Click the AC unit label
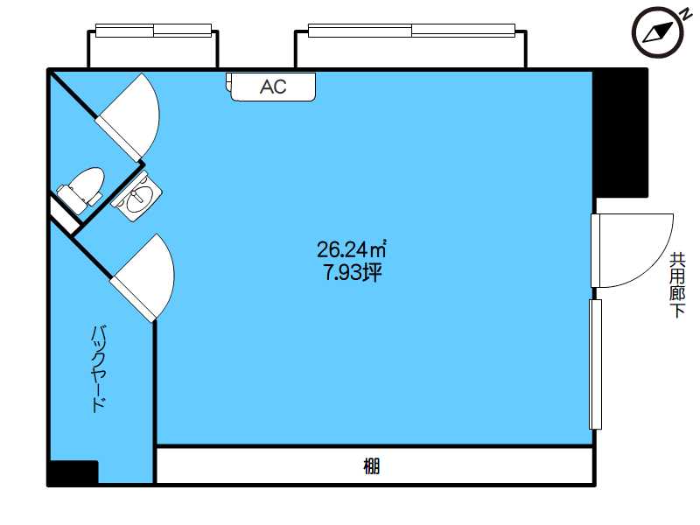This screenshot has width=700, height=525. tap(273, 87)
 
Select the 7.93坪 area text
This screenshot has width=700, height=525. tap(353, 272)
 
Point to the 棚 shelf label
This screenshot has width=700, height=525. tap(371, 466)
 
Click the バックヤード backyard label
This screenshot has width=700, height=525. tap(99, 368)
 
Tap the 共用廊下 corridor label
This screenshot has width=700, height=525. tap(677, 285)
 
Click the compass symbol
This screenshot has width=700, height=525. tap(658, 32)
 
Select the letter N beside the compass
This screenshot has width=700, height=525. tap(685, 15)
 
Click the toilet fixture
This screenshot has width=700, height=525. tap(80, 190)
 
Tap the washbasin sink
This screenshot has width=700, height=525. tap(137, 199)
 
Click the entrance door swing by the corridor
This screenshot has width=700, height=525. tap(632, 250)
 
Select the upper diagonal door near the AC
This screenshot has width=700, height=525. tap(129, 117)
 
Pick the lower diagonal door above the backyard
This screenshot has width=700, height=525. tap(143, 277)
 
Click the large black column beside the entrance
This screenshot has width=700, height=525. tap(621, 133)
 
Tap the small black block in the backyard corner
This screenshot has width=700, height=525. tap(73, 472)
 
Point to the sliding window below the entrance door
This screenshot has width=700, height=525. tap(596, 364)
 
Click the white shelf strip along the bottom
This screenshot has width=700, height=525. tap(374, 465)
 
